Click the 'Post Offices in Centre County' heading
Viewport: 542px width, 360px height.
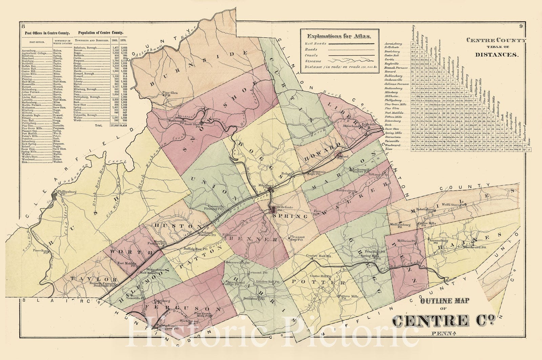(47, 33)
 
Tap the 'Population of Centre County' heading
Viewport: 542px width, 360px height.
(101, 33)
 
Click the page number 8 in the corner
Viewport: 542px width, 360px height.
(23, 26)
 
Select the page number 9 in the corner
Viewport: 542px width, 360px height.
(521, 26)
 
